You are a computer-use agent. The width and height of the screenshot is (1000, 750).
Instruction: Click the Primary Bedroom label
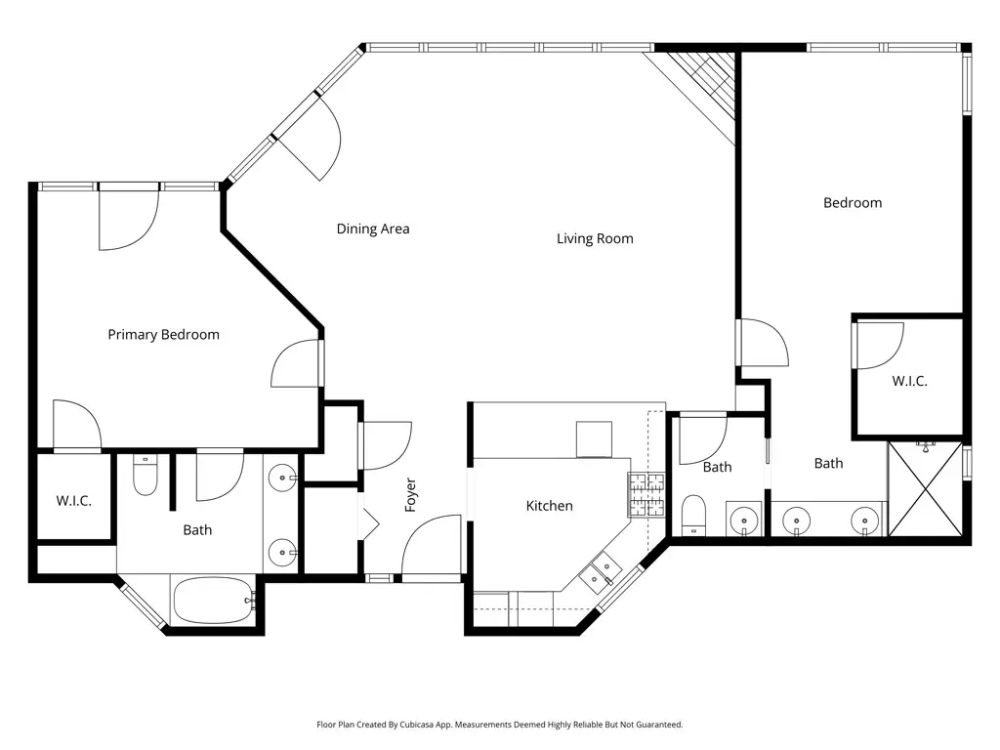tap(163, 335)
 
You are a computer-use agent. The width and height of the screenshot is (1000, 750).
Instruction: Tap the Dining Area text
tap(373, 229)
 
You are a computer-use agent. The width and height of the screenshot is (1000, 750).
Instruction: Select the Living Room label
tap(595, 238)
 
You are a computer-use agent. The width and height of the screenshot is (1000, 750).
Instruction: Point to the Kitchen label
tap(549, 506)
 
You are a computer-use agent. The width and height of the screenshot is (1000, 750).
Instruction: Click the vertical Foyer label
tap(410, 495)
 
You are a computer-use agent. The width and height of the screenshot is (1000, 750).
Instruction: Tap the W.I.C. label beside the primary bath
tap(73, 501)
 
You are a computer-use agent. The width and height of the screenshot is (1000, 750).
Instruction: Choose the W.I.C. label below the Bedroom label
tap(909, 381)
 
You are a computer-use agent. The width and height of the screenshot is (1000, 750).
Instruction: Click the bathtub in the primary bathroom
tap(213, 600)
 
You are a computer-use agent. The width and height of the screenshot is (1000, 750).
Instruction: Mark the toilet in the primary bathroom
tap(145, 476)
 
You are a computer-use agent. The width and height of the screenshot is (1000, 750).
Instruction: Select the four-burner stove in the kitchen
tap(646, 494)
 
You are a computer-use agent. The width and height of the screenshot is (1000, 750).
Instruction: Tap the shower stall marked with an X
tap(925, 488)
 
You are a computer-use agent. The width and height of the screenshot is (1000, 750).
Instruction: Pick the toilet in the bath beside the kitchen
tap(693, 515)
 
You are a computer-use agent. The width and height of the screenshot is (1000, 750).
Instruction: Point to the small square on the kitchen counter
tap(594, 438)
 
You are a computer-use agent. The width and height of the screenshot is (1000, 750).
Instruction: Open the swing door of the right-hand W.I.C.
tap(880, 346)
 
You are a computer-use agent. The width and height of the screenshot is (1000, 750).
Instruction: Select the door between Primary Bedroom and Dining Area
tap(296, 362)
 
